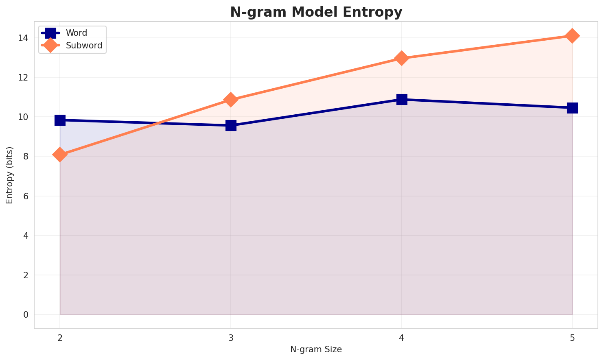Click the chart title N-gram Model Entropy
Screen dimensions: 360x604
click(316, 12)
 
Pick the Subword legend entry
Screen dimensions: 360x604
click(84, 46)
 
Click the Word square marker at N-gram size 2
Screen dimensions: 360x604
click(60, 120)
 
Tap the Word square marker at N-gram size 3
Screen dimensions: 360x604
click(231, 125)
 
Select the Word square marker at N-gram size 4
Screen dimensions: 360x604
click(402, 99)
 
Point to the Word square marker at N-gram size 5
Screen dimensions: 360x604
click(572, 108)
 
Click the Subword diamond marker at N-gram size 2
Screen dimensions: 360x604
click(60, 155)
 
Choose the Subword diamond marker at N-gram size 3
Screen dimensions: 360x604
click(231, 100)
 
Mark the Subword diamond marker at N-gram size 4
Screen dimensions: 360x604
click(402, 58)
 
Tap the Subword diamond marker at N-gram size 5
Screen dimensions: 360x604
click(572, 36)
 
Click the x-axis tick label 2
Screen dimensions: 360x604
click(60, 338)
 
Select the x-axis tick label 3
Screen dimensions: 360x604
click(231, 338)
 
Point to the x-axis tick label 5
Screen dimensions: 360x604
click(572, 338)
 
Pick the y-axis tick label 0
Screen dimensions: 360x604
click(26, 314)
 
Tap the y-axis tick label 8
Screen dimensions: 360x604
click(26, 156)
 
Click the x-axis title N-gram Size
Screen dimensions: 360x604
click(316, 349)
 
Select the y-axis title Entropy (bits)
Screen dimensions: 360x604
click(9, 175)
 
